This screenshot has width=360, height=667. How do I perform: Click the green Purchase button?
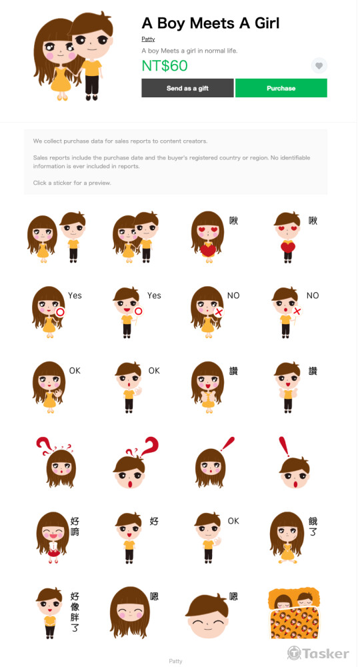pos(281,88)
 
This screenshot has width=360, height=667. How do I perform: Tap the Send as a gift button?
pos(187,88)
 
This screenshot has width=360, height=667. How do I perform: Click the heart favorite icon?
pos(319,65)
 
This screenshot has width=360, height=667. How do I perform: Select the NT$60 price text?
pos(165,65)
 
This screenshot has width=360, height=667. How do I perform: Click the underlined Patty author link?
pos(149,39)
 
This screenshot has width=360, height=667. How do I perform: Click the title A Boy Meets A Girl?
pos(211,23)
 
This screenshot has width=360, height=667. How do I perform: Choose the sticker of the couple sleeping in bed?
pos(294,614)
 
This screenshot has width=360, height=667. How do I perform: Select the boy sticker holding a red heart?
pos(287,237)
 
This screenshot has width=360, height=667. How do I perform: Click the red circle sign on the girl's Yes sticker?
pos(60,312)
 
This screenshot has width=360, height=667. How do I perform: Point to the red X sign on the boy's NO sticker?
pos(297,311)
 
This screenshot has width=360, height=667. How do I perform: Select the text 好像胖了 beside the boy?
pos(75,612)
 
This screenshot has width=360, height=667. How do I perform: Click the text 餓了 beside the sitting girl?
pos(313,527)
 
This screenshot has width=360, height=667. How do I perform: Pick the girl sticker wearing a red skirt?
pos(53,537)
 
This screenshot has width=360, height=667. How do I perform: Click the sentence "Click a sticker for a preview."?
pos(72,183)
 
